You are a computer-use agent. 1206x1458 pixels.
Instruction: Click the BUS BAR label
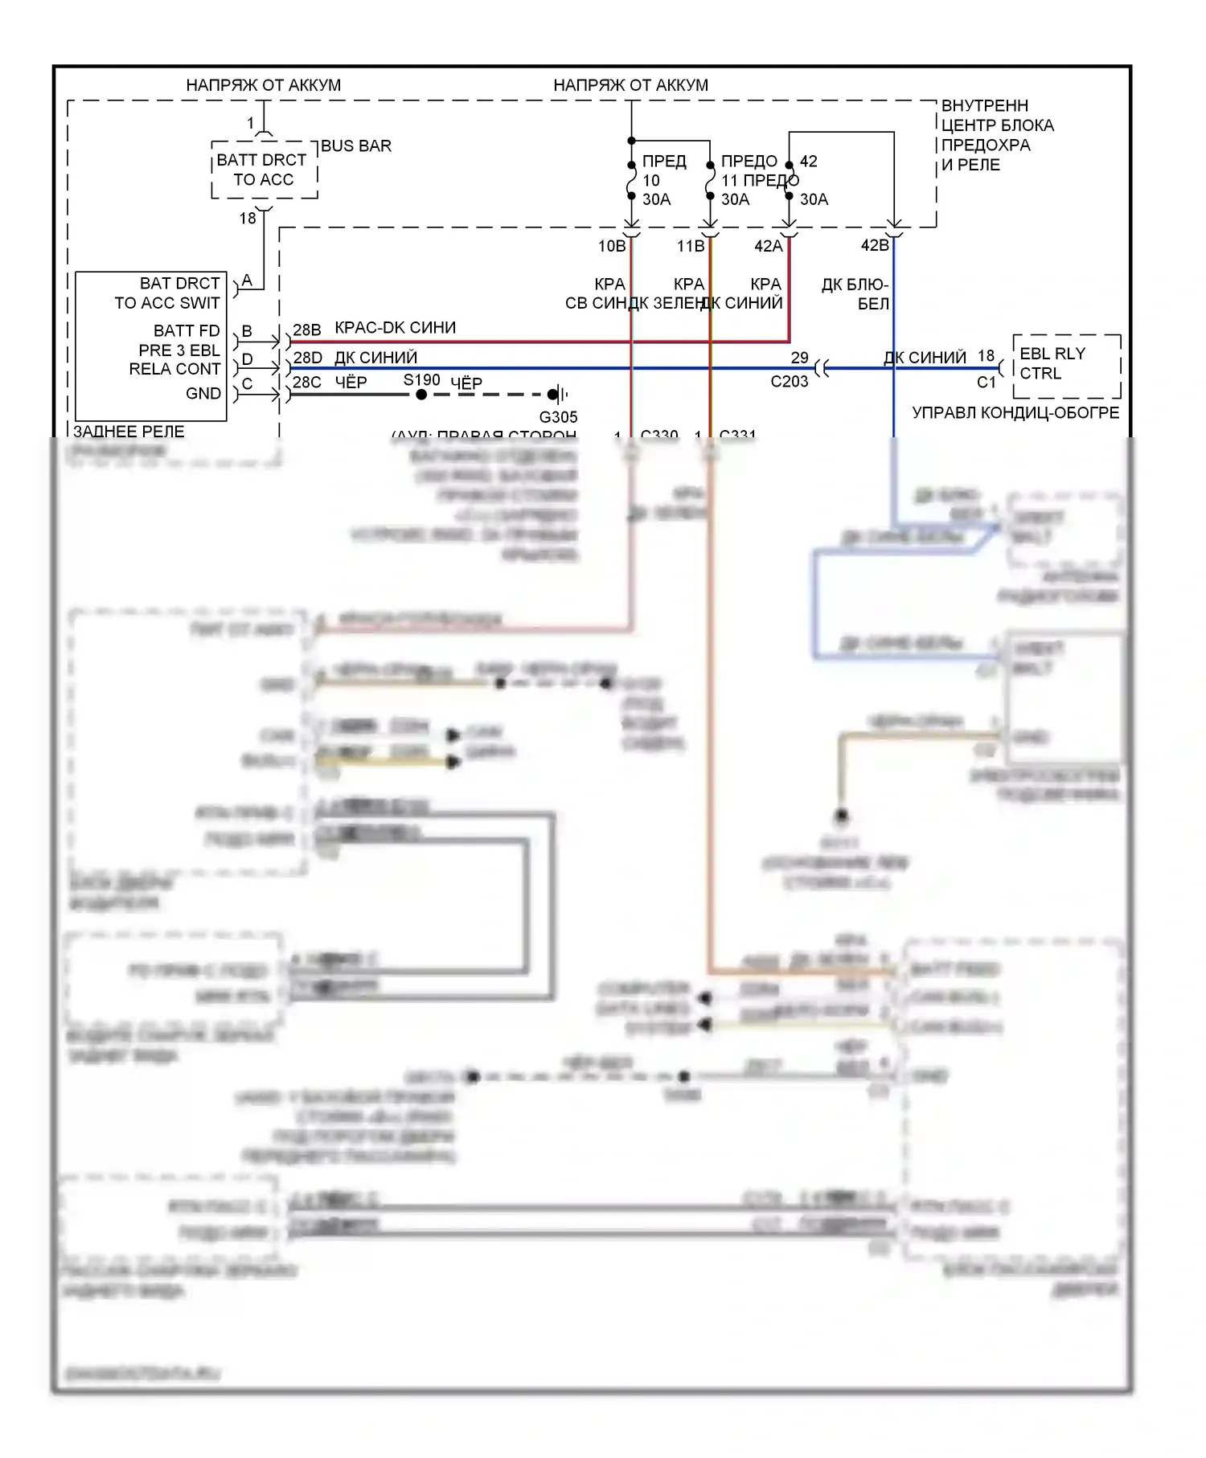(355, 146)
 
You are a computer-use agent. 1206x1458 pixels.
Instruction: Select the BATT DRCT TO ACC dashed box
(264, 170)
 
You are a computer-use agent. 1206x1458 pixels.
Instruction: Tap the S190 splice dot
(421, 395)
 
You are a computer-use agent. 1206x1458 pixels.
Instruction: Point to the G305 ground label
(558, 417)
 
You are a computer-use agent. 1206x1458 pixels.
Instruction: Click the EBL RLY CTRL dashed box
(1066, 366)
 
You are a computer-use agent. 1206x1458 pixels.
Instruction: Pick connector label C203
(789, 382)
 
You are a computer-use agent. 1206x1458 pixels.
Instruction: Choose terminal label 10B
(611, 246)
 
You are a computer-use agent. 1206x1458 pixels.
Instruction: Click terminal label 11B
(690, 246)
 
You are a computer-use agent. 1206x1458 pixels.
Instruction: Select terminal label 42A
(768, 246)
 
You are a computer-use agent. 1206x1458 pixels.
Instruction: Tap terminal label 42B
(875, 245)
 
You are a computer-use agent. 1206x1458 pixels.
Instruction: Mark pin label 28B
(306, 330)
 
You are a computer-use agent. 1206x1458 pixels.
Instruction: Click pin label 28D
(306, 357)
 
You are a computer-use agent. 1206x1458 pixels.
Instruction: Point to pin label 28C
(306, 383)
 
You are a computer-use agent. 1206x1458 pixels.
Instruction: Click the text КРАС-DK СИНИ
(395, 328)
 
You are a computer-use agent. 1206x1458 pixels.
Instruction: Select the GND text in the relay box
(203, 394)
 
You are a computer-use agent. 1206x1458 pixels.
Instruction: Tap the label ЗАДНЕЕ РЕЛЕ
(129, 432)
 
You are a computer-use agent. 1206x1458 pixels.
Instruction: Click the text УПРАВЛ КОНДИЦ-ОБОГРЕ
(1015, 413)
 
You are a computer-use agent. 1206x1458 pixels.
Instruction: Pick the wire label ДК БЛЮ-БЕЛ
(855, 294)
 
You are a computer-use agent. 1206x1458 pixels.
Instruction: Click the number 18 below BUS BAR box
(248, 218)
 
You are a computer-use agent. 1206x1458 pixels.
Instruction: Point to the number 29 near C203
(799, 358)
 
